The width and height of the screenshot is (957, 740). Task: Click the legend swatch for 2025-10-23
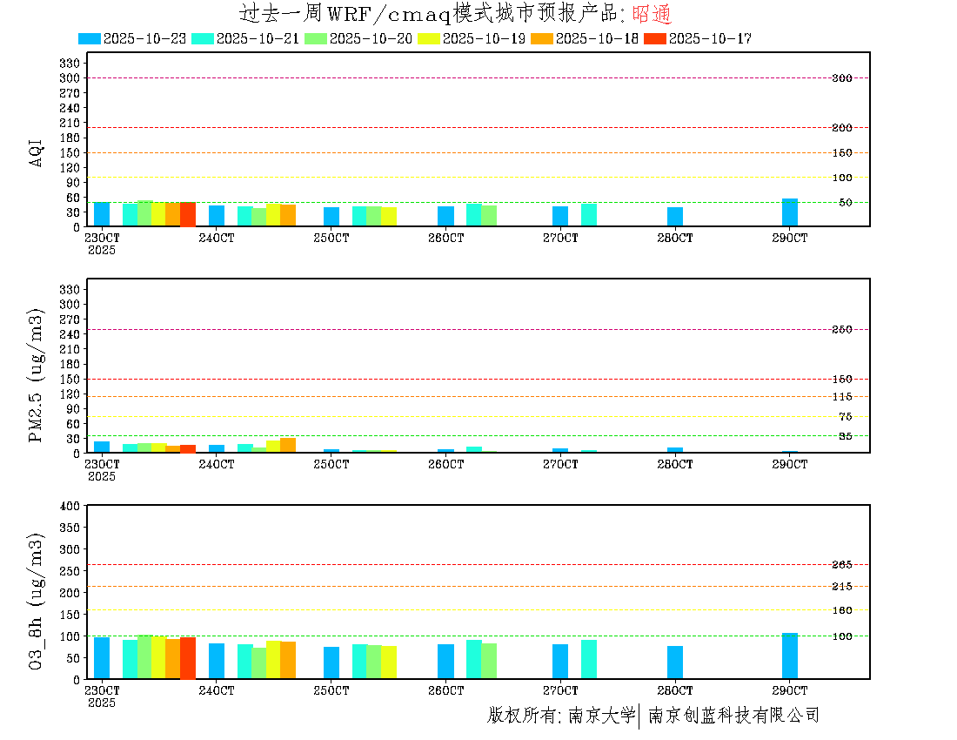[x=90, y=38]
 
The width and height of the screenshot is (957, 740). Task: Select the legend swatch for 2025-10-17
[x=655, y=38]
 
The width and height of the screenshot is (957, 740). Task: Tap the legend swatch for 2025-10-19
[x=429, y=38]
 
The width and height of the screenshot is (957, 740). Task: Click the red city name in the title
[x=652, y=14]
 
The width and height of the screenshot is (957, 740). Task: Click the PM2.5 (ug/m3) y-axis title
[x=37, y=375]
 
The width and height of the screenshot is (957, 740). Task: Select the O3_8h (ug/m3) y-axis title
[x=37, y=601]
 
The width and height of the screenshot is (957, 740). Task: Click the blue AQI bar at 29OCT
[x=790, y=212]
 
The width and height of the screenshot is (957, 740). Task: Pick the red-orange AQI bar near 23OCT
[x=188, y=214]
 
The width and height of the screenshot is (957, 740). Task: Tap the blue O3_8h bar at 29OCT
[x=790, y=656]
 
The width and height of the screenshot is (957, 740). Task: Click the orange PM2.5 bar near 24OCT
[x=288, y=445]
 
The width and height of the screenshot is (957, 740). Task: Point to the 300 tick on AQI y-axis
[x=71, y=77]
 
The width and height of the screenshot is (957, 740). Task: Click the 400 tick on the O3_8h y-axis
[x=71, y=505]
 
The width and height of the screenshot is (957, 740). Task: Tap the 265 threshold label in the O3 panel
[x=841, y=565]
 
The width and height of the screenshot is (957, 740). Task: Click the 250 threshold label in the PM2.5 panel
[x=841, y=329]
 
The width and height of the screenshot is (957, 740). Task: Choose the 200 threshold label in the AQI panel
[x=841, y=128]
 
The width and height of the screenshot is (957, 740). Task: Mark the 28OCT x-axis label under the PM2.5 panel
[x=675, y=465]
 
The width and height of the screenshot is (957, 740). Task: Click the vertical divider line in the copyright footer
[x=639, y=716]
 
